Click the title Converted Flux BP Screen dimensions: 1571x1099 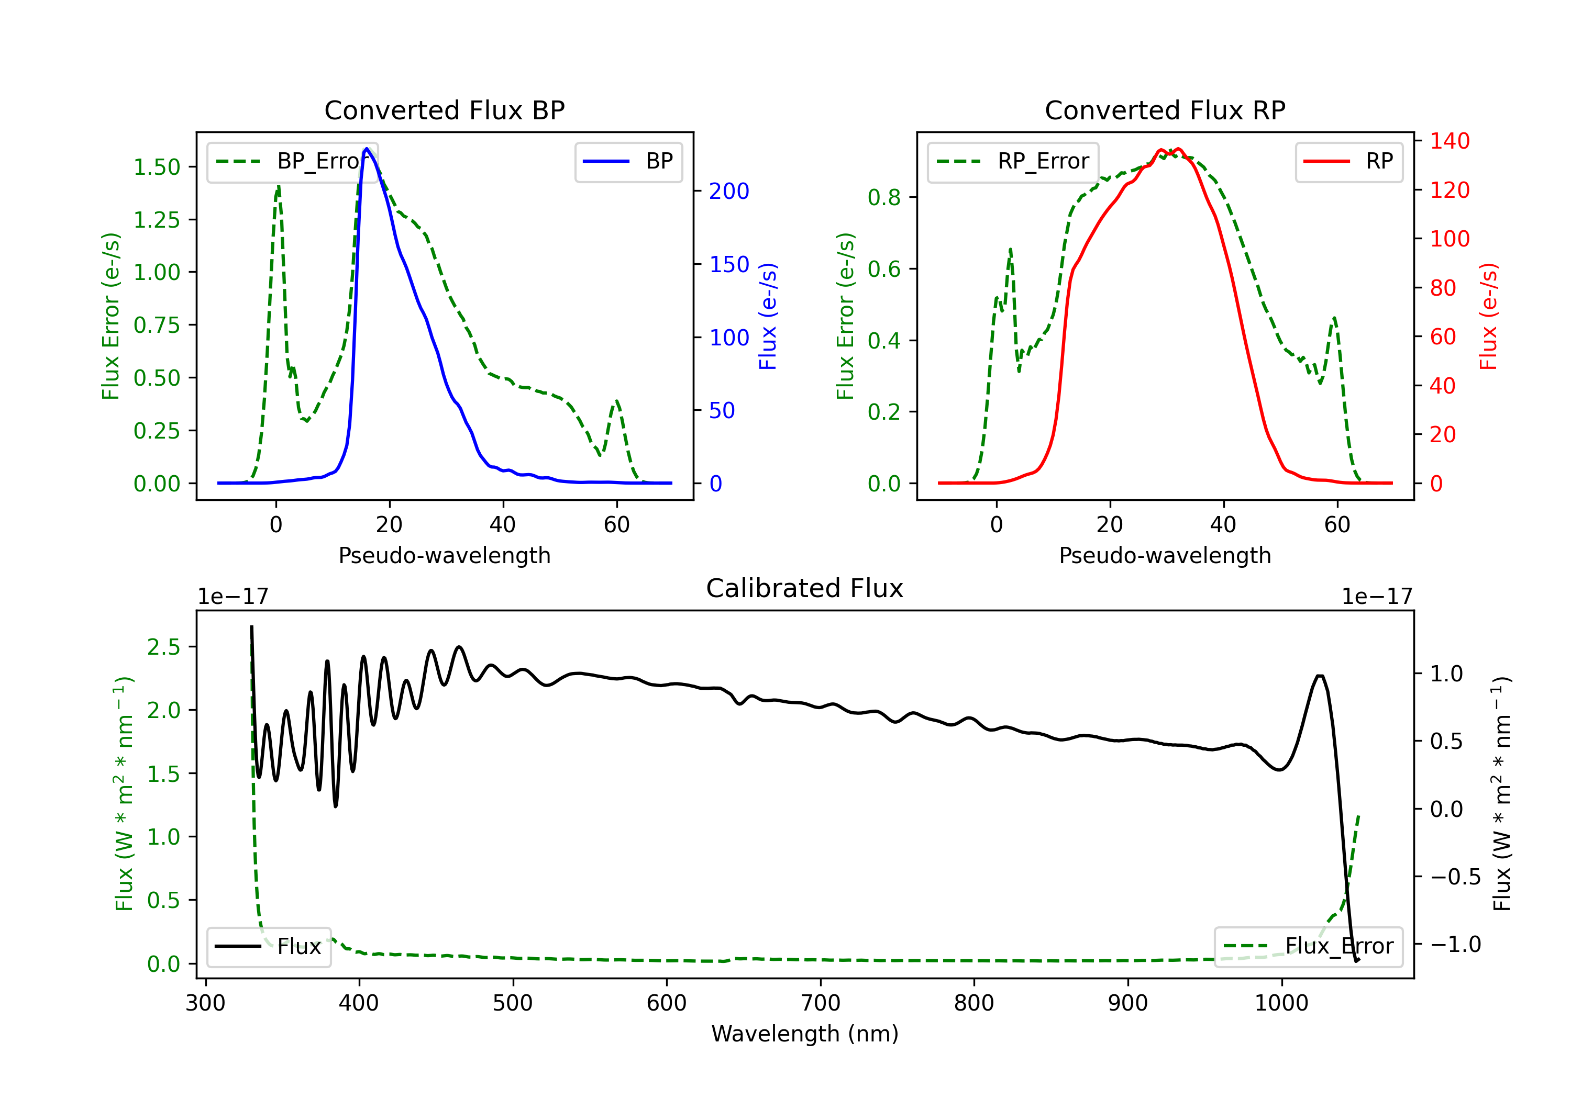(x=444, y=110)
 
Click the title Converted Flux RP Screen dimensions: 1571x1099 (x=1165, y=110)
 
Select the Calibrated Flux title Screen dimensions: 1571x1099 (x=805, y=588)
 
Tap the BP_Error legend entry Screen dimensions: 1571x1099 (x=292, y=161)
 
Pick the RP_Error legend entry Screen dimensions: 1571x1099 (x=1013, y=161)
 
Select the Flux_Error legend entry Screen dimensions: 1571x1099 (x=1308, y=947)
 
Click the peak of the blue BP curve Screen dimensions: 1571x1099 (x=367, y=149)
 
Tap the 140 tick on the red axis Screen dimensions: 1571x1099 (x=1449, y=141)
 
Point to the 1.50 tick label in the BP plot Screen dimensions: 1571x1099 (x=157, y=167)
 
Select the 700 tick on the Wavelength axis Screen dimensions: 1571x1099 (x=821, y=1003)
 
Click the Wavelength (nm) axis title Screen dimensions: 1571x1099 (x=805, y=1034)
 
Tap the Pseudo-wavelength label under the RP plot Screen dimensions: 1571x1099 (x=1165, y=555)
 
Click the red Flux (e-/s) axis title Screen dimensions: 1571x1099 (x=1488, y=316)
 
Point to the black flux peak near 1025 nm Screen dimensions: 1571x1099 (x=1319, y=676)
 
